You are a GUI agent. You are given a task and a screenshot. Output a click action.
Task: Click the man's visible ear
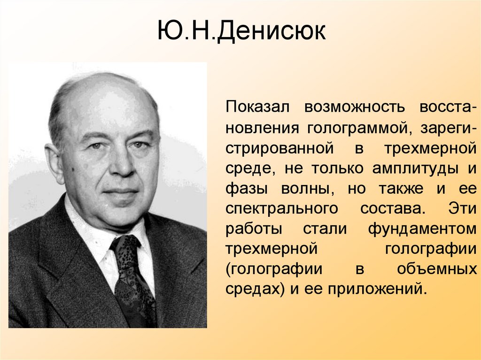coord(54,162)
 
